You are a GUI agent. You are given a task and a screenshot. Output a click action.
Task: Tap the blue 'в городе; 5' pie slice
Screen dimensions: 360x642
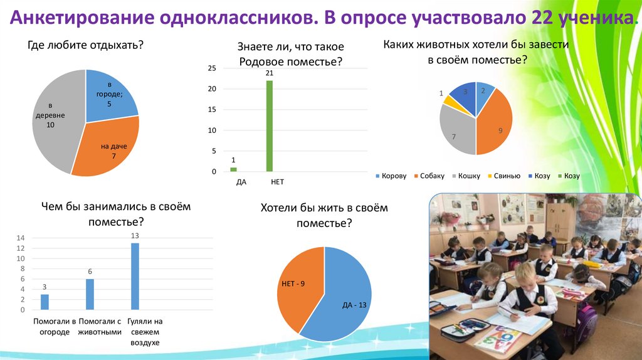tap(110, 94)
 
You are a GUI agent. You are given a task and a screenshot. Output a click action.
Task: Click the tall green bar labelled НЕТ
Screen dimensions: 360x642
tap(270, 125)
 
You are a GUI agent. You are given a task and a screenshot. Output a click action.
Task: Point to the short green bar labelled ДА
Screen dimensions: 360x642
tap(234, 169)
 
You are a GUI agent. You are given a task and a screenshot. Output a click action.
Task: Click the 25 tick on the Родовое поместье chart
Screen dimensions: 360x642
tap(212, 68)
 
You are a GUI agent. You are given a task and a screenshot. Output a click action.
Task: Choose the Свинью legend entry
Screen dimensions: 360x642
tap(503, 176)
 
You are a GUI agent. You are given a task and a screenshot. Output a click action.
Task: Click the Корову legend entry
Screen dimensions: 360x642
tap(391, 176)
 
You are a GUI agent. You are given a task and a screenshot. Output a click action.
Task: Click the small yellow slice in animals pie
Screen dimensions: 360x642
tap(448, 98)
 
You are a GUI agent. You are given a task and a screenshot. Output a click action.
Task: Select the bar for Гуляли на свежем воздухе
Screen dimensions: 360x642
tap(135, 276)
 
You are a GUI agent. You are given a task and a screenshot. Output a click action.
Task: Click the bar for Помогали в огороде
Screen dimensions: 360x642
tap(45, 302)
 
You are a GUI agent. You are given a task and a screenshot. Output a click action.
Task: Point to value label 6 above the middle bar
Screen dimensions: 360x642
tap(90, 272)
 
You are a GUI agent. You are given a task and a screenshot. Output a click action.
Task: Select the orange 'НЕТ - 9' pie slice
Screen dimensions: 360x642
tap(298, 285)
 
